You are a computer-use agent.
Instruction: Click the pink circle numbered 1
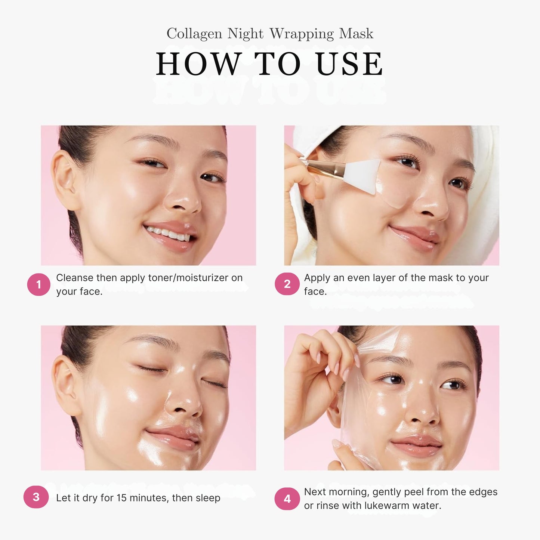38,284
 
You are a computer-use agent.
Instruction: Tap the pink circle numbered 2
287,284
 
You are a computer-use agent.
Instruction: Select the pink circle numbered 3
36,497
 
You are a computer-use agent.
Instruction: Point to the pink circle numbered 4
287,499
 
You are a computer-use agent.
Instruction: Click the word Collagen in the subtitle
194,34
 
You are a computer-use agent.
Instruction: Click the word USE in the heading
349,64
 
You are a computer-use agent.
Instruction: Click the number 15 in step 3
121,498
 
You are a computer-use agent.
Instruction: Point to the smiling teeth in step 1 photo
167,233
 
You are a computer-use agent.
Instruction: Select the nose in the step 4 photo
423,410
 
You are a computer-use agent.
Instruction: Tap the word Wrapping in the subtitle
302,34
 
